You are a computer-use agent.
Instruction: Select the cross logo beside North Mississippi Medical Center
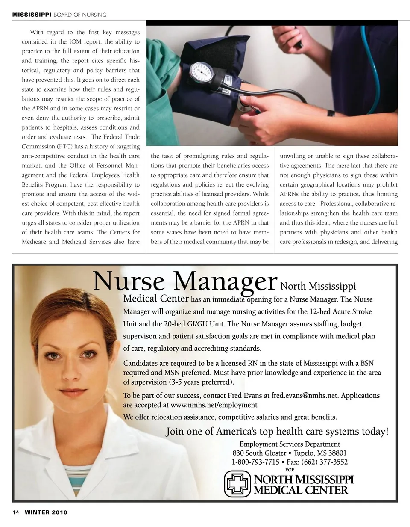click(237, 483)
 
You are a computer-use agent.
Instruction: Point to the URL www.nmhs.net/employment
click(214, 405)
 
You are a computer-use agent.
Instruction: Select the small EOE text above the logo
click(290, 470)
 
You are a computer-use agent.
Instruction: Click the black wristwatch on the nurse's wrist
click(331, 113)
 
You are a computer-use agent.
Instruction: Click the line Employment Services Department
click(290, 444)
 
